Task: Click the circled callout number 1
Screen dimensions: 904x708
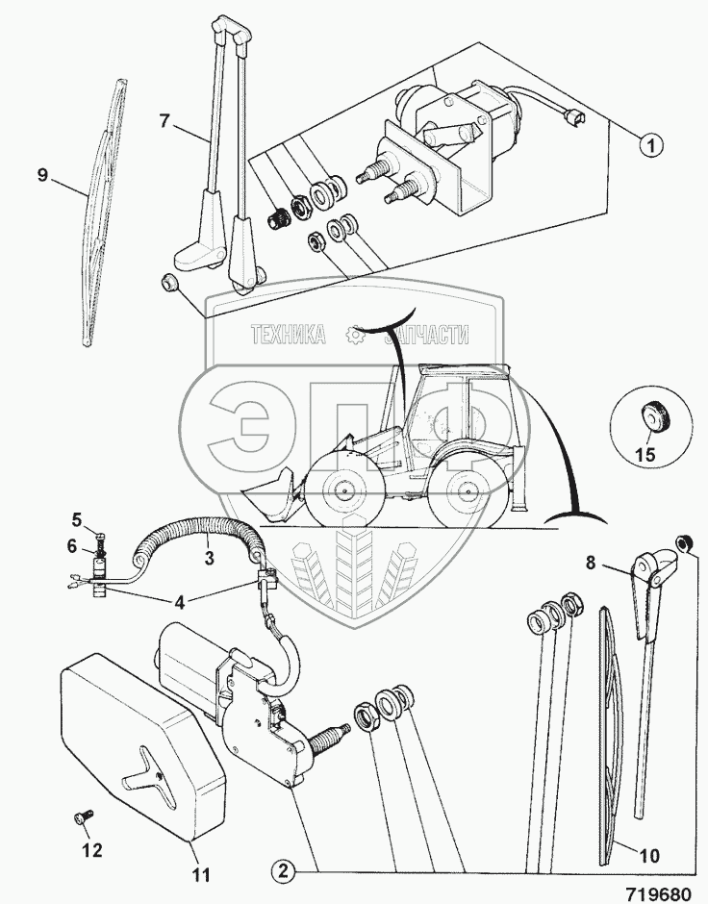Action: [651, 146]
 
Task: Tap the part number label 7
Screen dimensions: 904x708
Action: [165, 121]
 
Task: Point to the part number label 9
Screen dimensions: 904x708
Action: [42, 174]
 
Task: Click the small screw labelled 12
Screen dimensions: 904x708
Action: [79, 816]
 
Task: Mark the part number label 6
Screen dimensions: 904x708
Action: [75, 544]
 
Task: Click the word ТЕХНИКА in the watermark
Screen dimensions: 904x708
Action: [286, 335]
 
